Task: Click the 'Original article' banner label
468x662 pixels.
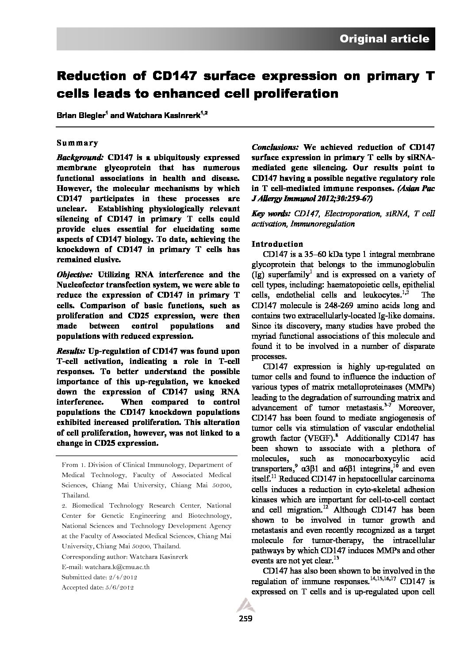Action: tap(384, 39)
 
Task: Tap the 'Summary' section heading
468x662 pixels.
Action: tap(77, 143)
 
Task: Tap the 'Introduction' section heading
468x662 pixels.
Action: tap(277, 244)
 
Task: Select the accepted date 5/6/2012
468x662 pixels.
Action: tap(119, 588)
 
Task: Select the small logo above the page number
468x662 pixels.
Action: tap(245, 605)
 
